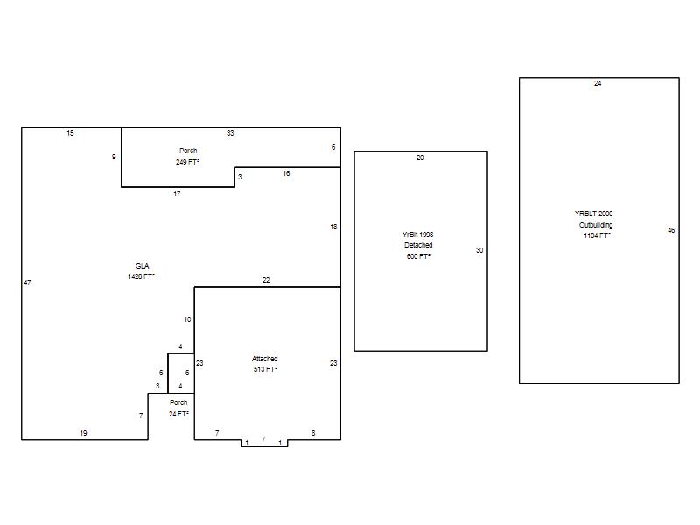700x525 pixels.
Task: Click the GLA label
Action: point(143,266)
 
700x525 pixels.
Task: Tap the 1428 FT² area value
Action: point(141,276)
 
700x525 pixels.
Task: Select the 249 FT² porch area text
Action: point(187,162)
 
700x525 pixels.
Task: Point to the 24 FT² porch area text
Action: point(178,414)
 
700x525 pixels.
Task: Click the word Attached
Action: point(265,359)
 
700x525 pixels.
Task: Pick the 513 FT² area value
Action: point(265,369)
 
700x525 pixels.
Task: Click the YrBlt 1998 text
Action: point(418,234)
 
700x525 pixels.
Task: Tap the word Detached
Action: point(418,245)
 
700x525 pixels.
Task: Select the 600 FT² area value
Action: point(418,256)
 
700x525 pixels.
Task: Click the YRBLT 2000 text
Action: point(594,213)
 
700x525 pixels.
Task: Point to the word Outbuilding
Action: point(596,225)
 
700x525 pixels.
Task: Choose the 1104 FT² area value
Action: point(597,235)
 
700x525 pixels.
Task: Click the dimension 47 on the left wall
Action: point(27,283)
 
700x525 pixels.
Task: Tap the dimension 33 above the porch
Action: point(230,133)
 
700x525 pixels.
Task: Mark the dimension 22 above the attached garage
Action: point(266,280)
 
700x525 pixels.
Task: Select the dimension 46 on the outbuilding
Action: point(671,230)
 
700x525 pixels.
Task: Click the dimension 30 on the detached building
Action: point(479,250)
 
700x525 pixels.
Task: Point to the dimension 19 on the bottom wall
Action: point(83,433)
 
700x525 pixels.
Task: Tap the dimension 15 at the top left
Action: point(70,133)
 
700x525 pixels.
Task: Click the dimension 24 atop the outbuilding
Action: point(598,83)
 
